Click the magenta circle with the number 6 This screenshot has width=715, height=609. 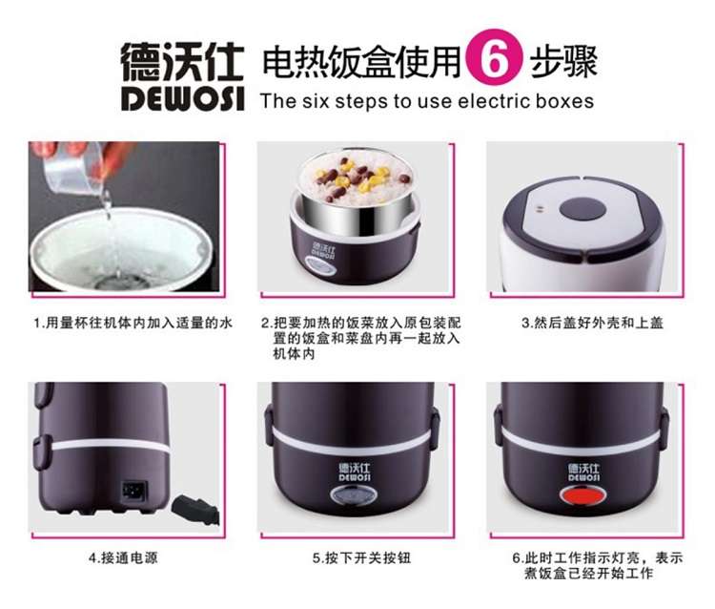(494, 58)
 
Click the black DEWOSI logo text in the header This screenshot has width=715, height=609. (182, 97)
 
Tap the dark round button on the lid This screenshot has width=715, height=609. (582, 210)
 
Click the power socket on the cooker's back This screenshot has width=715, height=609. (134, 492)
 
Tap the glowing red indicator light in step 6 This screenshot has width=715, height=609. (582, 494)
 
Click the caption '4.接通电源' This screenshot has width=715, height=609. (123, 557)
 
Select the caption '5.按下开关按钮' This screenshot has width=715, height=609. (361, 557)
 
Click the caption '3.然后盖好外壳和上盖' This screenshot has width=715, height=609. (592, 324)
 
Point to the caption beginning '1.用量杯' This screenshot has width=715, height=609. (133, 324)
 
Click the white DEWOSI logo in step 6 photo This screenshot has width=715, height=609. (584, 472)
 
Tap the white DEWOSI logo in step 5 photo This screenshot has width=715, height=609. (355, 472)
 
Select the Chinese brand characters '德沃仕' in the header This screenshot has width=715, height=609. (182, 62)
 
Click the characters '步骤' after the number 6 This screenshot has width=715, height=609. (563, 61)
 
